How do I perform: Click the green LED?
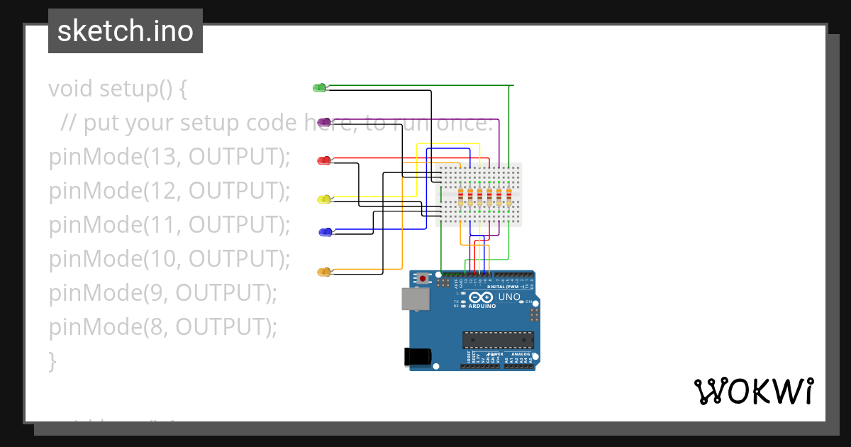point(319,87)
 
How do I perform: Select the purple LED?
point(323,122)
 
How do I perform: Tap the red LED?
point(323,160)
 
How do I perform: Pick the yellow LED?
point(323,199)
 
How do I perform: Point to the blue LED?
point(325,232)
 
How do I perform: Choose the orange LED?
point(323,272)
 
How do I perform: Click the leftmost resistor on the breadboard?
point(462,197)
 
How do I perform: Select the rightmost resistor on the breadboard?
point(508,197)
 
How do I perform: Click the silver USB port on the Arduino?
point(415,299)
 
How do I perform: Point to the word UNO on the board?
point(509,297)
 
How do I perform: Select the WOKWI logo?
point(753,392)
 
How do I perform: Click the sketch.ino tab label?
point(126,31)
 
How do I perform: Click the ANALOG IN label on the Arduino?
point(522,354)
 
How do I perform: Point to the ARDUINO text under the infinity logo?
point(483,307)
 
